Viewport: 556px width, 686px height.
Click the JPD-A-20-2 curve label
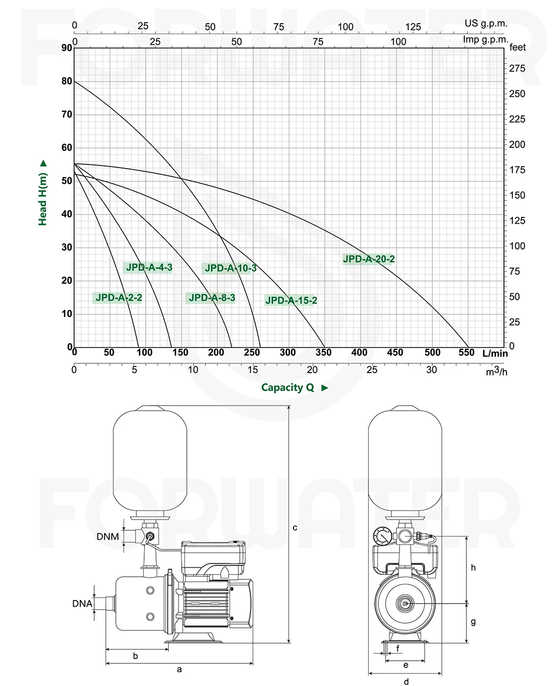click(369, 259)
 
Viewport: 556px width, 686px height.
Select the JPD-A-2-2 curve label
click(118, 297)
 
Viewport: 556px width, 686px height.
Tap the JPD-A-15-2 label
click(291, 300)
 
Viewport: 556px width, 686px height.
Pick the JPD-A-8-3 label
click(212, 297)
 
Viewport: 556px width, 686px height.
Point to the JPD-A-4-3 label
click(149, 267)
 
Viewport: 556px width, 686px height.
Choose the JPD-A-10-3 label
click(231, 268)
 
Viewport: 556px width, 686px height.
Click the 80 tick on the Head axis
click(67, 81)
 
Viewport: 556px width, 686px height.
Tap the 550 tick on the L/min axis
click(466, 353)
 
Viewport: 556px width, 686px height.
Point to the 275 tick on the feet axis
click(517, 68)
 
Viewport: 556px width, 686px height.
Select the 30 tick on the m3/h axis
click(431, 370)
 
